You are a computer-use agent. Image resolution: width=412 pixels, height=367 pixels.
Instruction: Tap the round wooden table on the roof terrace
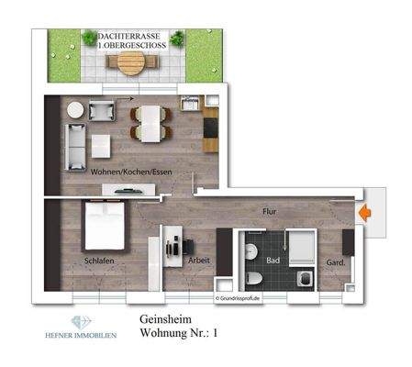pyautogui.click(x=132, y=62)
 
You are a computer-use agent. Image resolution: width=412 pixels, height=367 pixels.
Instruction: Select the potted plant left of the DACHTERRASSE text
pyautogui.click(x=89, y=39)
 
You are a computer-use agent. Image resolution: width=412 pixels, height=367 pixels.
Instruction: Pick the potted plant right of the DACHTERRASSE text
pyautogui.click(x=176, y=39)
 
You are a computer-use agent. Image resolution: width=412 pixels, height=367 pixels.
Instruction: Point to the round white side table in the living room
pyautogui.click(x=75, y=109)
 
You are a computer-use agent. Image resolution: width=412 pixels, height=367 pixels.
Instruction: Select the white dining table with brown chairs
pyautogui.click(x=149, y=123)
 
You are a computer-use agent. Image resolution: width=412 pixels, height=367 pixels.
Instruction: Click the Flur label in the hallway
pyautogui.click(x=270, y=210)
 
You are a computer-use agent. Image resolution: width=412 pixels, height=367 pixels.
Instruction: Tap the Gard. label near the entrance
pyautogui.click(x=335, y=261)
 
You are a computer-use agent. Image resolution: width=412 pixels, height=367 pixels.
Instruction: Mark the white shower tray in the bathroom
pyautogui.click(x=302, y=245)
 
